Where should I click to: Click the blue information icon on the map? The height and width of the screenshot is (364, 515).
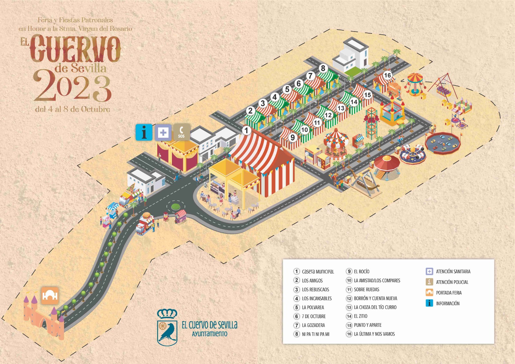(144, 132)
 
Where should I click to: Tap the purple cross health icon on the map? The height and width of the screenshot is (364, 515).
(163, 132)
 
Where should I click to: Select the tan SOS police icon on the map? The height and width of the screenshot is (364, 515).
(182, 132)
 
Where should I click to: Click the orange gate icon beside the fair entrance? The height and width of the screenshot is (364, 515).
(50, 295)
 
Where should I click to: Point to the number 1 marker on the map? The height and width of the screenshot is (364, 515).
(247, 130)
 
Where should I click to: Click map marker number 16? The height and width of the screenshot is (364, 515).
(387, 75)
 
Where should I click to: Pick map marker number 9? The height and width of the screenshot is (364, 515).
(293, 137)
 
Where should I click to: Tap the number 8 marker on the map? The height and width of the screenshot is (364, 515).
(323, 68)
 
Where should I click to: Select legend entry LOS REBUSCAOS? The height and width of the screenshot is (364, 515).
(315, 290)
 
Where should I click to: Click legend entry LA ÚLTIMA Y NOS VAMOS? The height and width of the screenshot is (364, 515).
(374, 334)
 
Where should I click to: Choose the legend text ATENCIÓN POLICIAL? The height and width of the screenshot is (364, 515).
(452, 282)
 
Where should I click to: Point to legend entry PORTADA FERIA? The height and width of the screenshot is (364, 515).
(449, 293)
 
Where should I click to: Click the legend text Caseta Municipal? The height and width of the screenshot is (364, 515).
(318, 272)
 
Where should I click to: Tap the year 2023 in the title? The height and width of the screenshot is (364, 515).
(72, 85)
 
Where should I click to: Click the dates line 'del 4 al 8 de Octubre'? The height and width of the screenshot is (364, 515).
(73, 109)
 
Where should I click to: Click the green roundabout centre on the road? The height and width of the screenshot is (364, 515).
(175, 207)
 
